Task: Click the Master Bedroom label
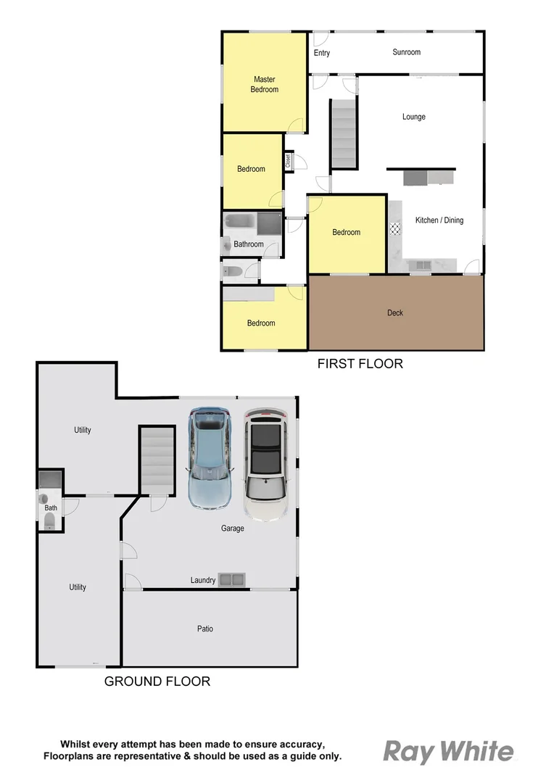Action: tap(265, 84)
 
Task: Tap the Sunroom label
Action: tap(406, 52)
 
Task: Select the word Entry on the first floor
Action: tap(322, 53)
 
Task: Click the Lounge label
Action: tap(414, 117)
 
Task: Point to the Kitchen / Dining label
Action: tap(439, 220)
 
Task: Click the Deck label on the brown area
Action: tap(395, 313)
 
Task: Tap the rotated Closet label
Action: tap(288, 160)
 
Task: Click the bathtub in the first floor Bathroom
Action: tap(240, 223)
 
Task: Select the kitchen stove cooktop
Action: tap(395, 229)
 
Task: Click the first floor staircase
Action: tap(344, 133)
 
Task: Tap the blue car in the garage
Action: tap(210, 457)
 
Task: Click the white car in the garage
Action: tap(266, 464)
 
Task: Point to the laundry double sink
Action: tap(233, 579)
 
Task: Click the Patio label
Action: tap(205, 629)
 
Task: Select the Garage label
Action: tap(233, 529)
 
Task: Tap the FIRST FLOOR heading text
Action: tap(360, 364)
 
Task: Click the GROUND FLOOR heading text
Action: tap(157, 681)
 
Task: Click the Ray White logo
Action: tap(448, 753)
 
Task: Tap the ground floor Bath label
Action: tap(51, 508)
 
